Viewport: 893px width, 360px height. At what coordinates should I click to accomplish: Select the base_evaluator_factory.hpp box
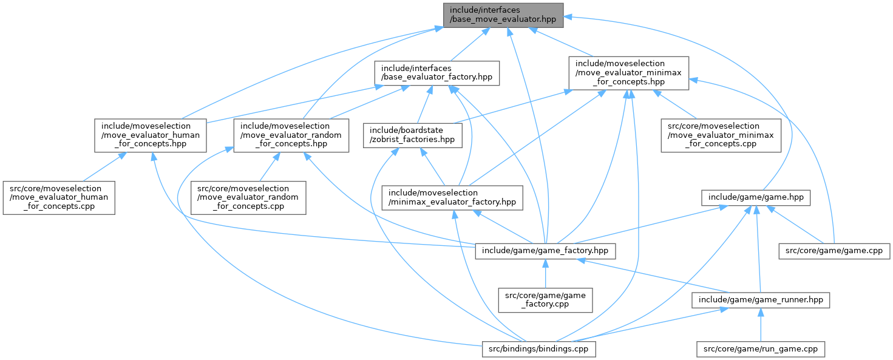point(437,73)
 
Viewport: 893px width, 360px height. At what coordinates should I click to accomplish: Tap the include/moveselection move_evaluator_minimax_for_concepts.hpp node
point(628,73)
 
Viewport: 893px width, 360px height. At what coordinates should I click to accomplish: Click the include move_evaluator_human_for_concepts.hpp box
point(148,135)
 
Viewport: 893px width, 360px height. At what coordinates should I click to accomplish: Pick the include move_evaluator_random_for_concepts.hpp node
point(291,135)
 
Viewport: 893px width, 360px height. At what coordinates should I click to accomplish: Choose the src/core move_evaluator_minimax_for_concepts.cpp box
point(721,135)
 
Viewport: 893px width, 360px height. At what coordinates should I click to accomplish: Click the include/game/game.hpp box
point(756,197)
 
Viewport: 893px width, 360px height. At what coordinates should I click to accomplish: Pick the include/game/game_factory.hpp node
point(545,250)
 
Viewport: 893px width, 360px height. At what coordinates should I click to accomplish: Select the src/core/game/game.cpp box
point(834,250)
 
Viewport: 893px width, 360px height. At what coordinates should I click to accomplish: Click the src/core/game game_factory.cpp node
point(545,299)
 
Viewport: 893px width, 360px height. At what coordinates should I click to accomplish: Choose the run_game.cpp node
point(761,349)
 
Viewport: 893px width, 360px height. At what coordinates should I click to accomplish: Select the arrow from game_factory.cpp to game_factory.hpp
point(545,273)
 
